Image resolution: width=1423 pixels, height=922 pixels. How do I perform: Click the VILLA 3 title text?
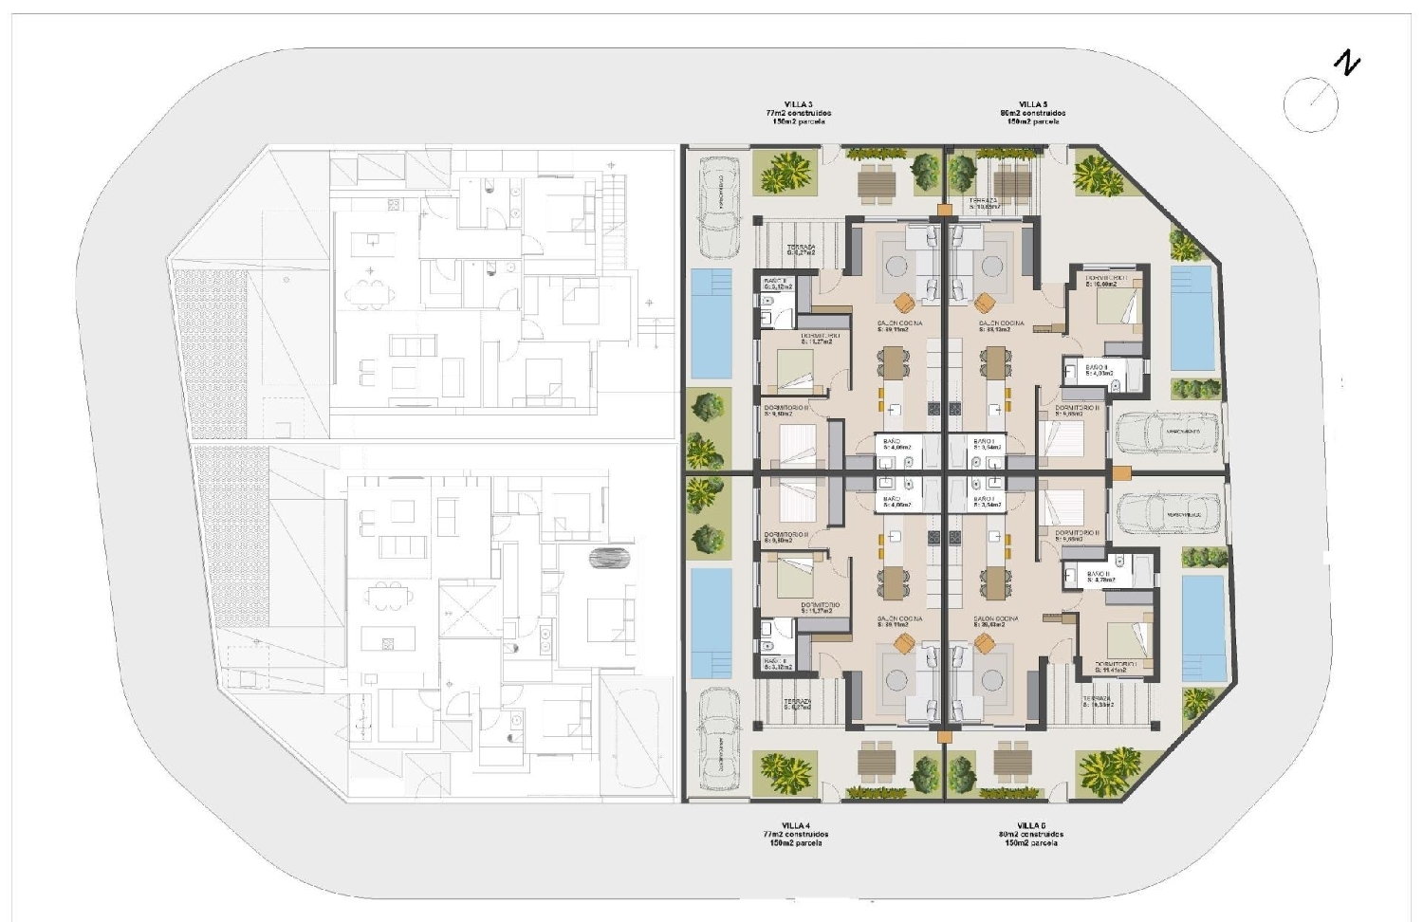point(798,104)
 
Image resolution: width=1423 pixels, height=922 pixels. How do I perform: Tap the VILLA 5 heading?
point(1033,104)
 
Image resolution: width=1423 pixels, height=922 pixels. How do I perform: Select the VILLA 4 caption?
point(795,825)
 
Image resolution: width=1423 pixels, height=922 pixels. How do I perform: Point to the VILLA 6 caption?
point(1031,825)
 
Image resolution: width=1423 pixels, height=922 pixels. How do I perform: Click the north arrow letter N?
point(1346,64)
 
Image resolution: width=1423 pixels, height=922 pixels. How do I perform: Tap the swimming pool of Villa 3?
point(711,323)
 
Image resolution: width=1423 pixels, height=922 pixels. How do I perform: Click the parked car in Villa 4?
point(718,740)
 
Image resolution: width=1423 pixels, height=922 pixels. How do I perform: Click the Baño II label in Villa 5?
point(1097,367)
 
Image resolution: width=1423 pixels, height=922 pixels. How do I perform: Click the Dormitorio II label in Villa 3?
point(786,408)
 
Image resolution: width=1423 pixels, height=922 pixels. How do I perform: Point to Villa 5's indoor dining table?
point(995,362)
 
